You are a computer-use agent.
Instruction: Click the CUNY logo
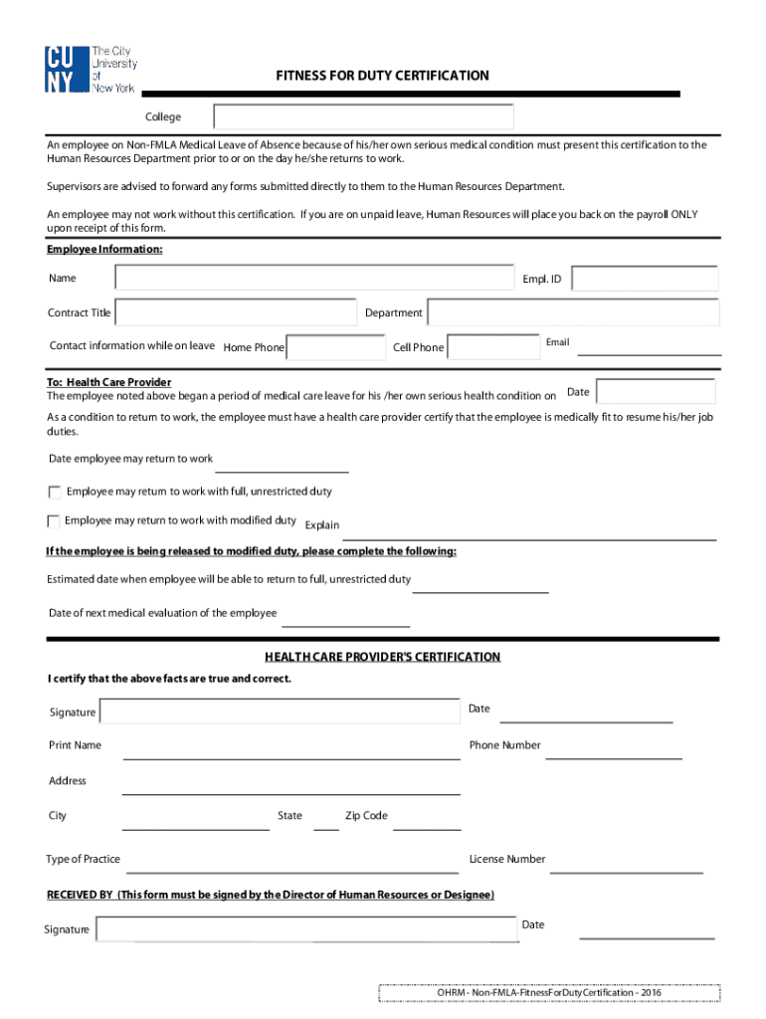91,70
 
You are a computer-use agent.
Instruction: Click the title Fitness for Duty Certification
382,76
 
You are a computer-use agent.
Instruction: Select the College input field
363,117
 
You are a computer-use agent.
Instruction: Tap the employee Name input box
313,279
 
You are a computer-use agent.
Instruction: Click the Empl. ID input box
645,279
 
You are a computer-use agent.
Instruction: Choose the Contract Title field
236,312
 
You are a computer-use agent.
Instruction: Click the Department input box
572,312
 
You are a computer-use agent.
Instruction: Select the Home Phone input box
336,347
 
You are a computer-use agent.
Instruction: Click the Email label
557,342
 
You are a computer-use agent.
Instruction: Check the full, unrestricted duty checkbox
54,492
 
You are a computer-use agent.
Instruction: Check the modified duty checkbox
54,520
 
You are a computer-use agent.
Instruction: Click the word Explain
322,525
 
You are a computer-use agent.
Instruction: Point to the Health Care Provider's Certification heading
382,657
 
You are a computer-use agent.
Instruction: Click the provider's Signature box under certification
280,712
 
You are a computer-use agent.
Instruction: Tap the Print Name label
75,745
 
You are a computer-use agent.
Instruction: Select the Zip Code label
366,816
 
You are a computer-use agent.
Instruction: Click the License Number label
507,859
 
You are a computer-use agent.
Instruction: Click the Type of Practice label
83,859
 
